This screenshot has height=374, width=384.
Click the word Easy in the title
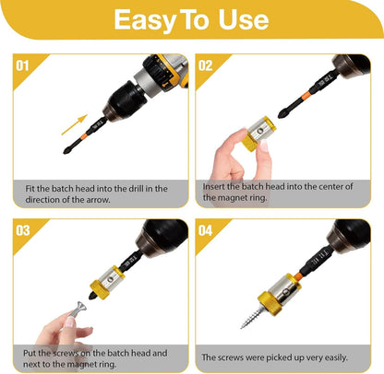tap(146, 20)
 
